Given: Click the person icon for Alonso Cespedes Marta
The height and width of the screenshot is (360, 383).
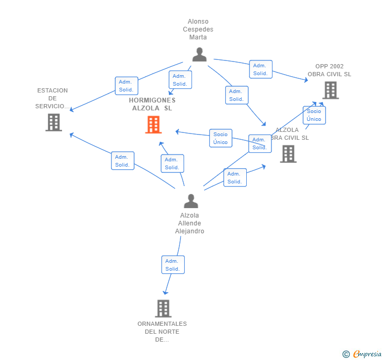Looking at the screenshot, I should click(x=199, y=55).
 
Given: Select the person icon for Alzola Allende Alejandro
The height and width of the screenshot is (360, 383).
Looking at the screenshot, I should click(x=191, y=201).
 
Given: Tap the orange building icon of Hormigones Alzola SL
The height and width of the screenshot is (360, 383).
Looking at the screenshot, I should click(x=153, y=125).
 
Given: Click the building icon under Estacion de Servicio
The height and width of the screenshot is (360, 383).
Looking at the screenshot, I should click(x=54, y=122).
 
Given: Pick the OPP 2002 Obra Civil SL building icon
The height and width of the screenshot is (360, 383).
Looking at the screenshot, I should click(x=330, y=90).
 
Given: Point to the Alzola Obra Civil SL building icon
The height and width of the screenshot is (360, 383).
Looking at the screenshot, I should click(x=288, y=153).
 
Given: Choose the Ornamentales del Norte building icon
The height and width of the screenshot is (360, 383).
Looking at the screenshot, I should click(x=163, y=308).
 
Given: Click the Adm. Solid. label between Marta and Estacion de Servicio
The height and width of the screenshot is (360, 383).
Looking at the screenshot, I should click(x=126, y=86).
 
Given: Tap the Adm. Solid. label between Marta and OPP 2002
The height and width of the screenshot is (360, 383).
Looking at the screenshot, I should click(x=260, y=69).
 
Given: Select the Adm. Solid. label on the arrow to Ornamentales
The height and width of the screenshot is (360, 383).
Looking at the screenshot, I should click(x=173, y=265).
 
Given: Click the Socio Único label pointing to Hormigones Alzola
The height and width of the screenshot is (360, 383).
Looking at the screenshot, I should click(x=220, y=138).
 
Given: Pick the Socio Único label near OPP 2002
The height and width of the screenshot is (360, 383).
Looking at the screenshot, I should click(x=314, y=115).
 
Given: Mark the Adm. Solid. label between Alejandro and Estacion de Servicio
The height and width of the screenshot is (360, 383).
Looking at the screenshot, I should click(x=123, y=161).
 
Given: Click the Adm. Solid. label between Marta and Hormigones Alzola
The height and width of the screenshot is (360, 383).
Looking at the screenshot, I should click(x=180, y=80).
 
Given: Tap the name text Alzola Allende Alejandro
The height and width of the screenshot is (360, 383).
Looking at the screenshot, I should click(x=189, y=223).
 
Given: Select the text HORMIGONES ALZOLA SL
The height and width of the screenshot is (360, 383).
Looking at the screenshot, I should click(x=152, y=104).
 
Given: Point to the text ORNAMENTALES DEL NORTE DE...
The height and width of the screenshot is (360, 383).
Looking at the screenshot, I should click(x=162, y=332).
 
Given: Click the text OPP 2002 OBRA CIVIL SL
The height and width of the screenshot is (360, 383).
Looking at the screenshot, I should click(x=329, y=70).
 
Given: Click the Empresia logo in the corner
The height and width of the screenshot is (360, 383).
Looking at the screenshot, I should click(x=362, y=354).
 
